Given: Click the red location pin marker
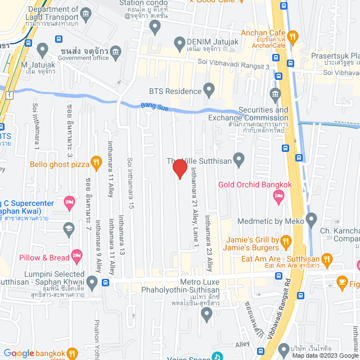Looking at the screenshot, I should point(179,168).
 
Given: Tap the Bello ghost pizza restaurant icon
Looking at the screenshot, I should point(96,163).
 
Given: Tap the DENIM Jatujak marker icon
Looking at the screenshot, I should point(180,43).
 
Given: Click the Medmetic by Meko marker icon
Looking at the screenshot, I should point(313,221).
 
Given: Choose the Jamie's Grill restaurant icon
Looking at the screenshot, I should point(286,242).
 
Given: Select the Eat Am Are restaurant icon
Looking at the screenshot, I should point(328,259).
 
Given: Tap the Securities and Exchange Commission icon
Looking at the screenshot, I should point(275,93).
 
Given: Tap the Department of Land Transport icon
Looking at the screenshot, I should point(85,13).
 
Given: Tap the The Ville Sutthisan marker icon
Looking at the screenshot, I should point(238,161).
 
